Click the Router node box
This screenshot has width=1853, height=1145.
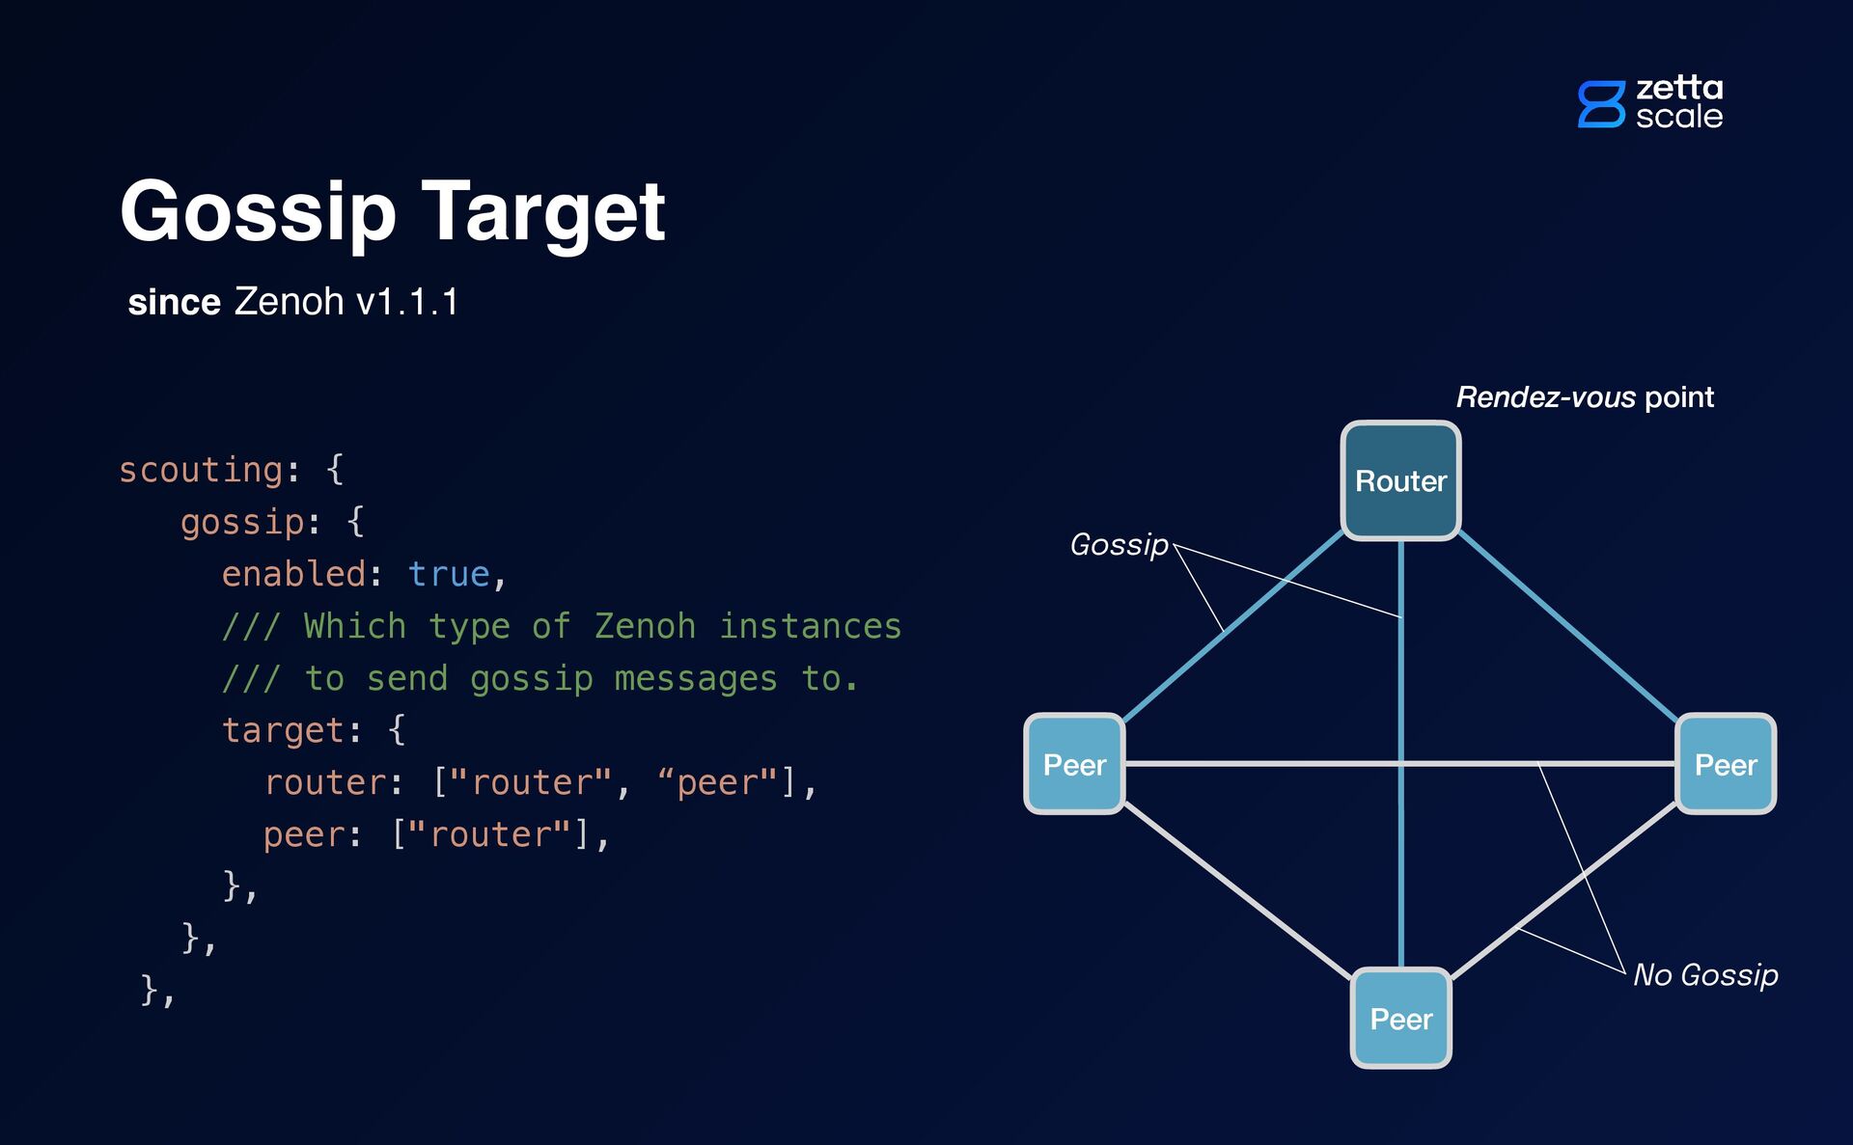1400,480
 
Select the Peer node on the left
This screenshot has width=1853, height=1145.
1074,764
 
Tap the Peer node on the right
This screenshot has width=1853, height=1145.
1726,764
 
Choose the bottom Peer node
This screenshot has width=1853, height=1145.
1400,1019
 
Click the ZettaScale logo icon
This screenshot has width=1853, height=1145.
1601,104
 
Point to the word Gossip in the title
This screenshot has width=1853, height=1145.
258,212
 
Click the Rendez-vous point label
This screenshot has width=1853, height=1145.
1585,396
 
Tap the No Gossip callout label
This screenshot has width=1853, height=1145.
1705,974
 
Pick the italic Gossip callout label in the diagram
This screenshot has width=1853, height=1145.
1119,544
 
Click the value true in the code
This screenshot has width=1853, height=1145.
449,574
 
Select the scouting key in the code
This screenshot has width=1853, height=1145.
201,470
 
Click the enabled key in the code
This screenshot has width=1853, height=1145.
293,574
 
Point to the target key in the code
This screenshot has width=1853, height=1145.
283,730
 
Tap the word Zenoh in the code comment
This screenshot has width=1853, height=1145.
645,626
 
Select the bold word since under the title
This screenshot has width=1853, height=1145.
174,303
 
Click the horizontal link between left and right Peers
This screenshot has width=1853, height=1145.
1255,764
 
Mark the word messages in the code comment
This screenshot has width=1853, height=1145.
695,678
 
